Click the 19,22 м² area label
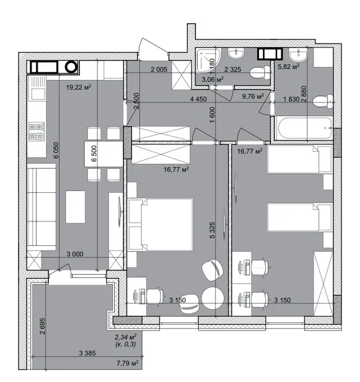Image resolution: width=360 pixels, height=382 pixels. [x=79, y=87]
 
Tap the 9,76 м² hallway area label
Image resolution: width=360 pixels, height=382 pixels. [x=253, y=96]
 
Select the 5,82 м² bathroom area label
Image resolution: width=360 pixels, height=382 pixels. [x=288, y=66]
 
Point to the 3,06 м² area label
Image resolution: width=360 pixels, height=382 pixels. [x=213, y=79]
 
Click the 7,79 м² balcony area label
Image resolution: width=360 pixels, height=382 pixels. [x=128, y=363]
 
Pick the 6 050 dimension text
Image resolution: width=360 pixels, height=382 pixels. [x=56, y=150]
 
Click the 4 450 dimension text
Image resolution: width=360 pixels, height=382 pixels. [x=198, y=99]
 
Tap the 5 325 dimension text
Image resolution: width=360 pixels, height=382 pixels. [x=212, y=230]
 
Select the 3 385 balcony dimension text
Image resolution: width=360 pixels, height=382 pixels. [x=87, y=353]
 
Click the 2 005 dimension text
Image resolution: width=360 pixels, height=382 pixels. [x=159, y=69]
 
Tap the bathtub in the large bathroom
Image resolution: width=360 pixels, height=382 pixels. [x=304, y=128]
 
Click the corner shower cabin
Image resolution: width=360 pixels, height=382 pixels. [x=208, y=60]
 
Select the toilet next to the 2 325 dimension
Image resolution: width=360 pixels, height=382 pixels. [x=260, y=73]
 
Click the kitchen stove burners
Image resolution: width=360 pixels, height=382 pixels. [x=37, y=131]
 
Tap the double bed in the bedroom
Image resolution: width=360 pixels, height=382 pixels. [x=161, y=224]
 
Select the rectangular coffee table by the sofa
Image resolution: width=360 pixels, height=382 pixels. [x=75, y=207]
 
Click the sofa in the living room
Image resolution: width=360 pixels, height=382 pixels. [x=41, y=207]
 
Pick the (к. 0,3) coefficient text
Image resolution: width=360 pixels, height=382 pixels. [x=125, y=344]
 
